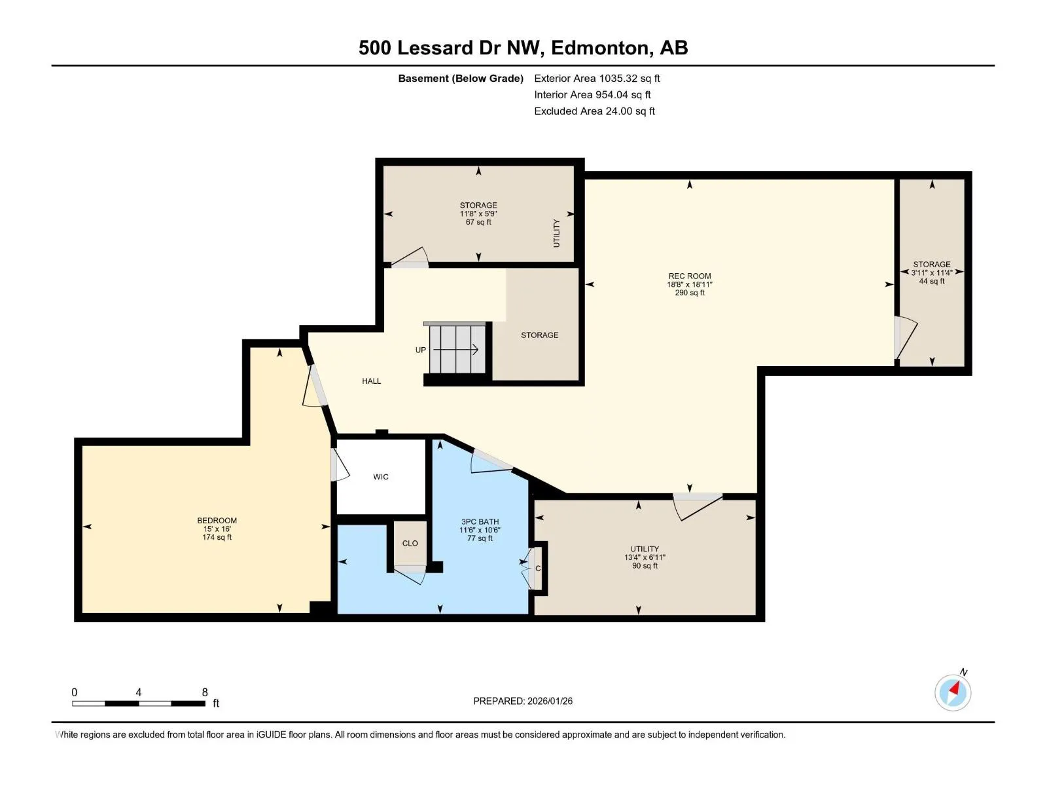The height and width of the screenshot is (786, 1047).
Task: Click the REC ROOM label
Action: pyautogui.click(x=689, y=276)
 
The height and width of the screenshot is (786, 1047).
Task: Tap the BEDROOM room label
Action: pyautogui.click(x=217, y=520)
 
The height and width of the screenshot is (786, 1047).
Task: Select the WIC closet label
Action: pyautogui.click(x=381, y=477)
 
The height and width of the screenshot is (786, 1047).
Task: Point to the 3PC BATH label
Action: pyautogui.click(x=480, y=521)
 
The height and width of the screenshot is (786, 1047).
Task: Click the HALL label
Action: pyautogui.click(x=371, y=381)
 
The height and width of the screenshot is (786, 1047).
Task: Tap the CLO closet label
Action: pyautogui.click(x=410, y=543)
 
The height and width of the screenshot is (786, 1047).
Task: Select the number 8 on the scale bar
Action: pyautogui.click(x=205, y=692)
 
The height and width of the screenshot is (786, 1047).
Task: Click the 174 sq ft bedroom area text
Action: pyautogui.click(x=217, y=537)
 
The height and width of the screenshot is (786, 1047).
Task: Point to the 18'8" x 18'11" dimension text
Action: pyautogui.click(x=689, y=284)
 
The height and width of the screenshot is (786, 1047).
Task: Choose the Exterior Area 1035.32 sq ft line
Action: pyautogui.click(x=597, y=78)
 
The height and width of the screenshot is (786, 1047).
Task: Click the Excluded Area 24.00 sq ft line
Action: pyautogui.click(x=594, y=111)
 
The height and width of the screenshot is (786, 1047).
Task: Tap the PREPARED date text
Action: pyautogui.click(x=523, y=701)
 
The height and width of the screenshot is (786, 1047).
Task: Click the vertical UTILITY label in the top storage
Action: pyautogui.click(x=556, y=233)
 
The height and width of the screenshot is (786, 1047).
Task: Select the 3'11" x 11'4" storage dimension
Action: pyautogui.click(x=932, y=272)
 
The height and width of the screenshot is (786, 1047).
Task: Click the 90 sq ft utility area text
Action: pyautogui.click(x=645, y=566)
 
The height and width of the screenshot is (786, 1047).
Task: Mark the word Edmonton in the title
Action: pyautogui.click(x=599, y=48)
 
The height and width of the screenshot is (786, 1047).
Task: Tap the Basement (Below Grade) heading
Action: pyautogui.click(x=461, y=78)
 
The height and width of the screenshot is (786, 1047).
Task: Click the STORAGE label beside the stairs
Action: pyautogui.click(x=539, y=335)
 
